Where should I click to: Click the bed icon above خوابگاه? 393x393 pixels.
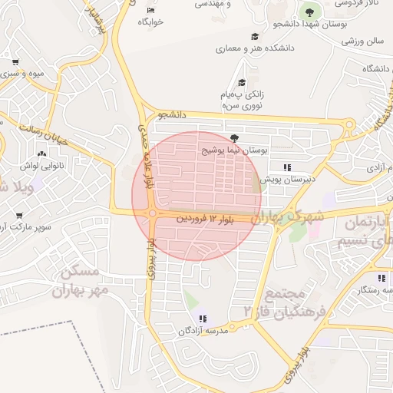click(x=150, y=9)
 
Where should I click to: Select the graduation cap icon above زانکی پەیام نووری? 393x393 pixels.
click(x=242, y=82)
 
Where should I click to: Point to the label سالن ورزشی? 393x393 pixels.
click(x=365, y=39)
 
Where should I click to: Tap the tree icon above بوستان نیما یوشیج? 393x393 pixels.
click(x=234, y=138)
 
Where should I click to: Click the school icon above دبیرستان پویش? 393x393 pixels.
click(x=287, y=167)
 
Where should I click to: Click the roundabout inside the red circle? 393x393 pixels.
click(x=153, y=213)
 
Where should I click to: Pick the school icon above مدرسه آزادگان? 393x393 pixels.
click(x=202, y=319)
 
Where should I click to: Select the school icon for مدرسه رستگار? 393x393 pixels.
click(x=381, y=278)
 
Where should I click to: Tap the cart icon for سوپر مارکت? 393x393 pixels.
click(x=16, y=216)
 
